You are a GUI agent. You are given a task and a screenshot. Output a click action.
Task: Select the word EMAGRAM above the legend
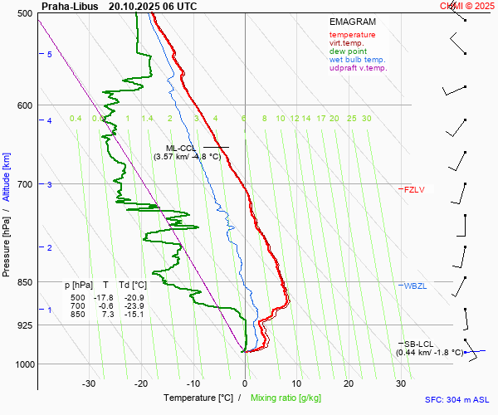point(352,22)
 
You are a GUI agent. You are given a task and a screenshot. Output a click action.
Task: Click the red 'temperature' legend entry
point(352,35)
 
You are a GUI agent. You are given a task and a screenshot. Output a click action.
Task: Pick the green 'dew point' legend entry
point(348,51)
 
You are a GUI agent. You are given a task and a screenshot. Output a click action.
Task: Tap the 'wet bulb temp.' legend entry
point(357,60)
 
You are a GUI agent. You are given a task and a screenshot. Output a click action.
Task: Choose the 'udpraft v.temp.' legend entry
point(358,68)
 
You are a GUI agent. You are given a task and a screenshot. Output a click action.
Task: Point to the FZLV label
point(414,189)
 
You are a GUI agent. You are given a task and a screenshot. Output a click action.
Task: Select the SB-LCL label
point(418,344)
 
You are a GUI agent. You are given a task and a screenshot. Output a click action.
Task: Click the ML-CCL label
point(181,148)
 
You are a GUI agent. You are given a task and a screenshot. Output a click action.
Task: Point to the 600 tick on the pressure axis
point(23,105)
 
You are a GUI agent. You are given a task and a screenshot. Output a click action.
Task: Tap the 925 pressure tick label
point(23,325)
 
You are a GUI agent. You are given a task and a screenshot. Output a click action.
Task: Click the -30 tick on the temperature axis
point(89,383)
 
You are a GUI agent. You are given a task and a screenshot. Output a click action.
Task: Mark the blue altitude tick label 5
point(50,55)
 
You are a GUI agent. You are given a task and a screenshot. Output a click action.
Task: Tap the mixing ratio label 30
point(366,119)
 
